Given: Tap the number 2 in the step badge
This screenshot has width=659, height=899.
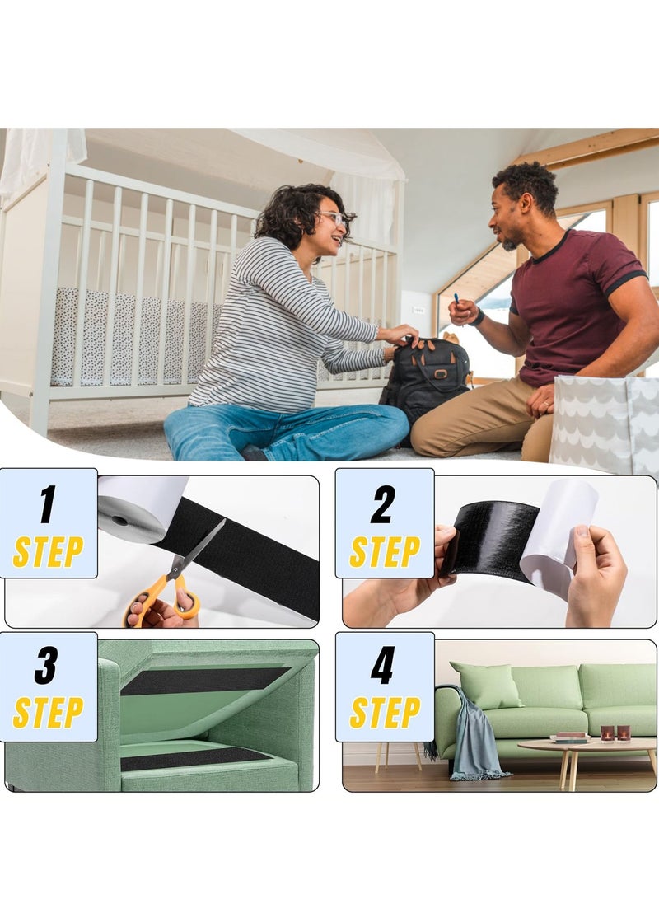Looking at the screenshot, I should click(x=383, y=504).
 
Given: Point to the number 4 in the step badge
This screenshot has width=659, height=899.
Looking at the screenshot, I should click(x=383, y=666).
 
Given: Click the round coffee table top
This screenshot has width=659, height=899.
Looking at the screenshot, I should click(x=585, y=744).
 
